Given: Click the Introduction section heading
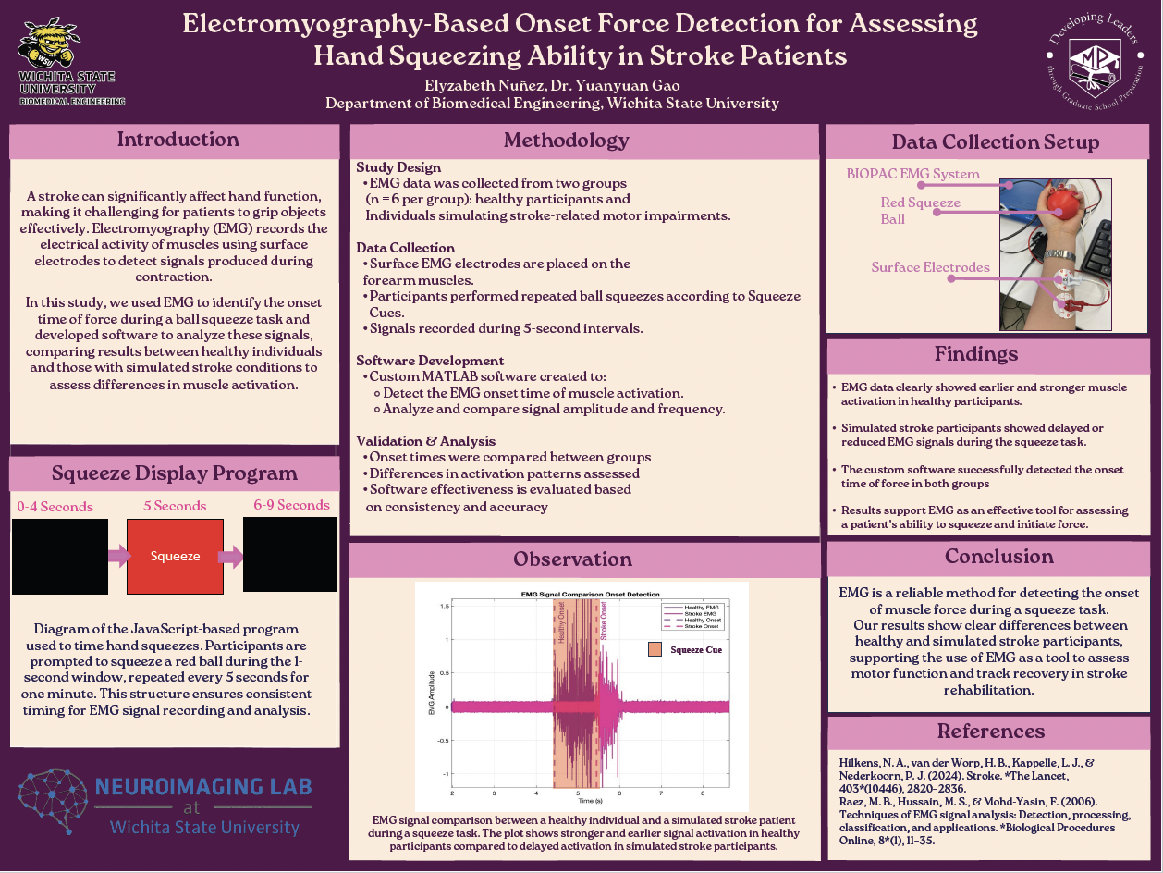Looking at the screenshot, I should (x=178, y=140).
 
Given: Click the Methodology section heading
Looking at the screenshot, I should (x=566, y=141).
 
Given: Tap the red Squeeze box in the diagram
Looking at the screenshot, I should (x=175, y=556).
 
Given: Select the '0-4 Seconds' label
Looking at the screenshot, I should (x=55, y=506).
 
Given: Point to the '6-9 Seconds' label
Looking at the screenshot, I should (x=291, y=505).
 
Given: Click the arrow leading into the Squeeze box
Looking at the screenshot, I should (x=119, y=556).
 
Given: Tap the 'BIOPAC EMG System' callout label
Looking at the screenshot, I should (x=912, y=174).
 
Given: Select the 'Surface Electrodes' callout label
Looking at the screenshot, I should (x=930, y=267).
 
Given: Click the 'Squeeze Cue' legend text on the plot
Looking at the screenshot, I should (x=696, y=649).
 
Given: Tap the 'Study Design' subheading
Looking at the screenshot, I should (x=398, y=167).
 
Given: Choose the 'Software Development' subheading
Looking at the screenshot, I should (x=430, y=361).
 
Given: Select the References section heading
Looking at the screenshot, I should (x=990, y=731).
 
